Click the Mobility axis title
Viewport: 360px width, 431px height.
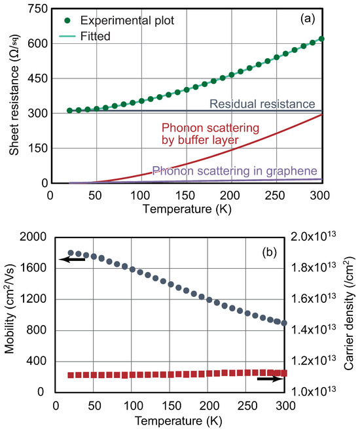(x=10, y=314)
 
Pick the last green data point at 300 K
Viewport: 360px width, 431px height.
(x=321, y=39)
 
